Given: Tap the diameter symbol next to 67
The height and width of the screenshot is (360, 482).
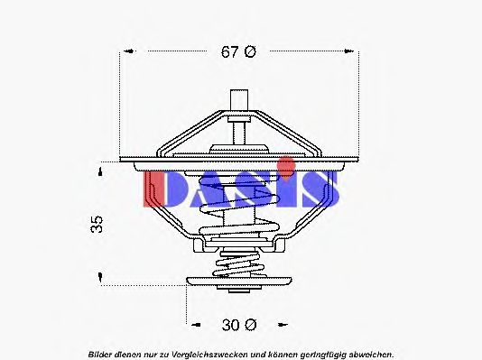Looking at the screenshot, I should click(251, 51).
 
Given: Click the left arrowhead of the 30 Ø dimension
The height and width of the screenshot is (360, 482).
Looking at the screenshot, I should click(191, 322).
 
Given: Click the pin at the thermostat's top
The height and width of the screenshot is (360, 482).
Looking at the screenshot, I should click(240, 98).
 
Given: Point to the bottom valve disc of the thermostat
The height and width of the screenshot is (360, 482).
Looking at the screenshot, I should click(240, 283).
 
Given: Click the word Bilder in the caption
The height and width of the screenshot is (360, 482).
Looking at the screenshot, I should click(102, 351).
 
